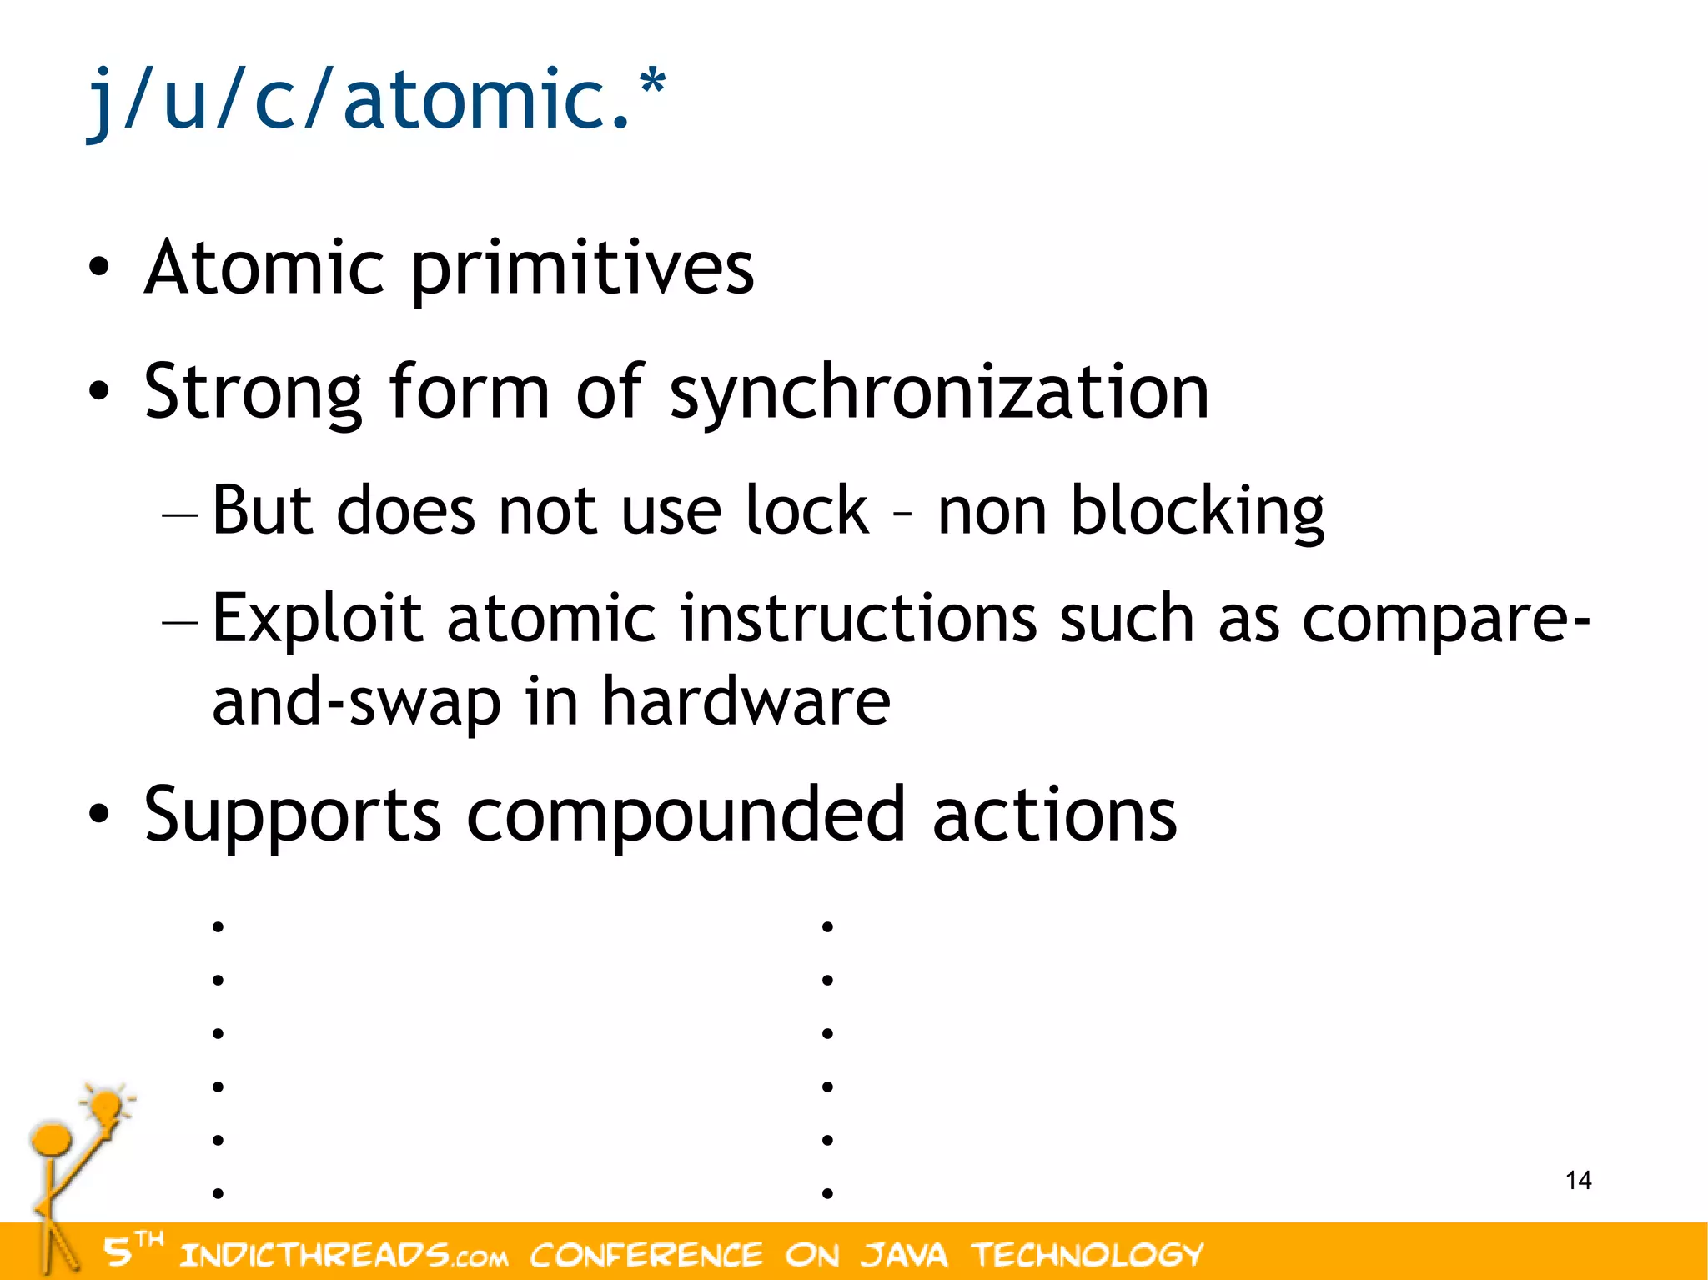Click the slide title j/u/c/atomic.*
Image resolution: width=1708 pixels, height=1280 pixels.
375,100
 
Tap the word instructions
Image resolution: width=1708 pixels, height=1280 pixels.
858,619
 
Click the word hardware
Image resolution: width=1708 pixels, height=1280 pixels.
746,701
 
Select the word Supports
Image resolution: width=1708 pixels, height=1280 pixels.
292,815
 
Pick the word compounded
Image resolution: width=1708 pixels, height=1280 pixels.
686,815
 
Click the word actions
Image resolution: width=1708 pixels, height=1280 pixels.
1054,815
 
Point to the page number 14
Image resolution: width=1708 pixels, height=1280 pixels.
1578,1180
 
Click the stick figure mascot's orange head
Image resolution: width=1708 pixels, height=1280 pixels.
52,1138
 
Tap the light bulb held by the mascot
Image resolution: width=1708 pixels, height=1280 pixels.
107,1107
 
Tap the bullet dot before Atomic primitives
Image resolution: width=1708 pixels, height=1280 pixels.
99,269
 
